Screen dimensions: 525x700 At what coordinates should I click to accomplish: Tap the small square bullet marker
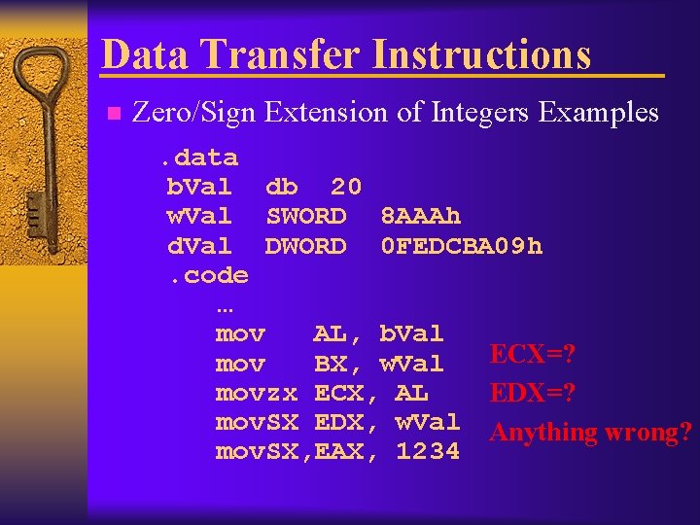pyautogui.click(x=112, y=114)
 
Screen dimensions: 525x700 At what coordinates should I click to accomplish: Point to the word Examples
pyautogui.click(x=598, y=113)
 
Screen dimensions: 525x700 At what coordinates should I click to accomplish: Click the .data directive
pyautogui.click(x=199, y=157)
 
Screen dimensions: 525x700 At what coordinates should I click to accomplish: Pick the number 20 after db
pyautogui.click(x=346, y=187)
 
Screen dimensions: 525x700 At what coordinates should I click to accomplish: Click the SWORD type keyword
pyautogui.click(x=305, y=216)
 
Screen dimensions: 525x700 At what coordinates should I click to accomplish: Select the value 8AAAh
pyautogui.click(x=420, y=216)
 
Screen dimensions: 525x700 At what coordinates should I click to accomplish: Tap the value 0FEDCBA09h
pyautogui.click(x=461, y=246)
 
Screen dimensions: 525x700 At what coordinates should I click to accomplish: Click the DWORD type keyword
pyautogui.click(x=305, y=246)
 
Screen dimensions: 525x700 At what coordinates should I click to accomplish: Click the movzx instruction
pyautogui.click(x=256, y=393)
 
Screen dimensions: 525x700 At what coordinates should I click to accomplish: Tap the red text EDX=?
pyautogui.click(x=533, y=394)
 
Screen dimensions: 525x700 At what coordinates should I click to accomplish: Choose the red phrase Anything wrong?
pyautogui.click(x=591, y=433)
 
